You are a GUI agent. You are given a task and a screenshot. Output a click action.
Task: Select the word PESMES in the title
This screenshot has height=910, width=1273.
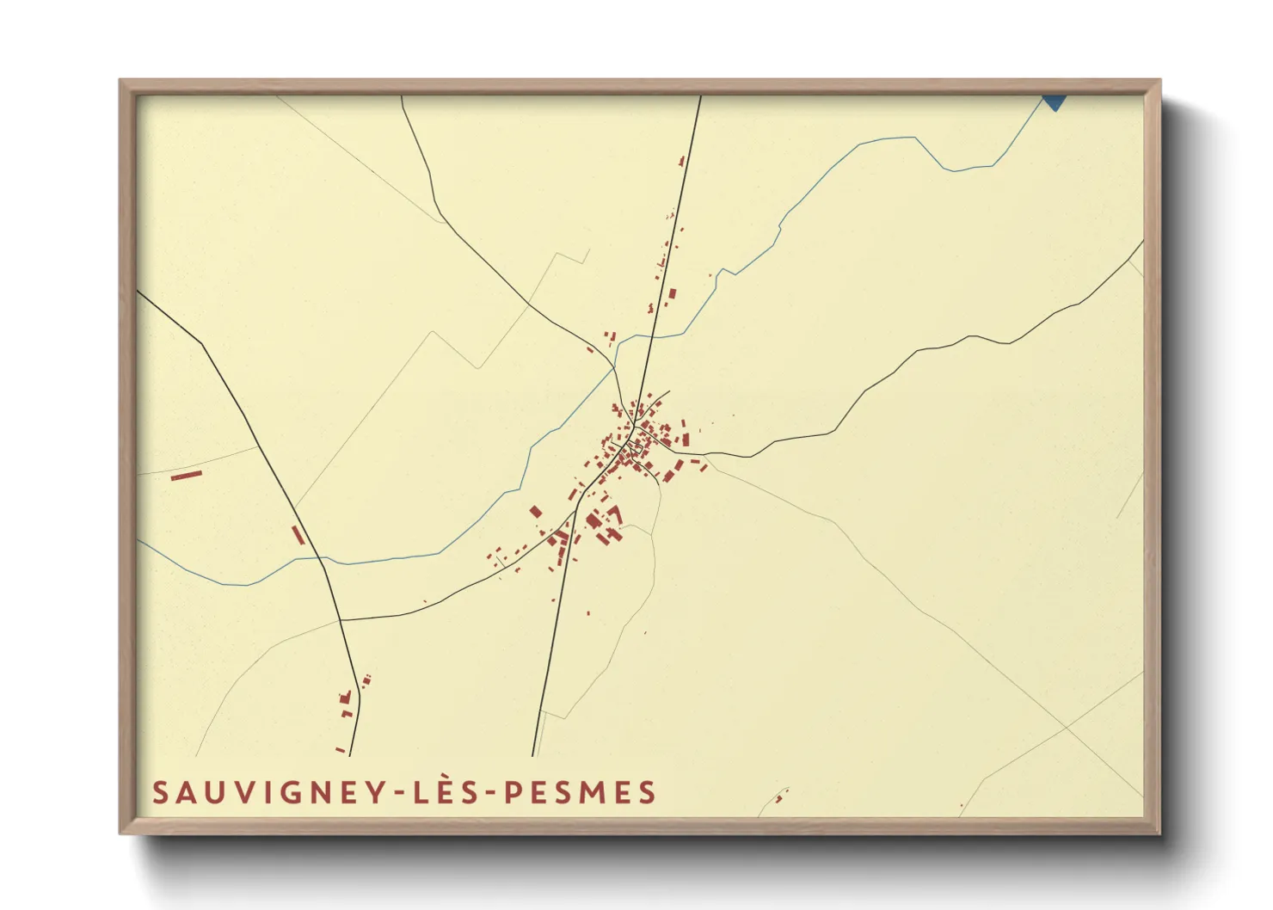580,793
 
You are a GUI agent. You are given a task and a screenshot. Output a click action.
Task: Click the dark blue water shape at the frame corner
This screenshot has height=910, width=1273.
1055,101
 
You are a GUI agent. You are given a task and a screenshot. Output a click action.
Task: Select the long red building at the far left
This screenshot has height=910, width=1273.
186,474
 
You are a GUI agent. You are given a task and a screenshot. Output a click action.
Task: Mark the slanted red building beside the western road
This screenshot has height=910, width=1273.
298,535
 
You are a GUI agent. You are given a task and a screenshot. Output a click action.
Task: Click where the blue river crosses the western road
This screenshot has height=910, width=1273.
322,558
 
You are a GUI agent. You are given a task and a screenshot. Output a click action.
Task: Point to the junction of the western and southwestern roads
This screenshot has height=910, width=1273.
341,619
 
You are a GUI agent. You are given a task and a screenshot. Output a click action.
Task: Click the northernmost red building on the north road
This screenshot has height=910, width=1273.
682,160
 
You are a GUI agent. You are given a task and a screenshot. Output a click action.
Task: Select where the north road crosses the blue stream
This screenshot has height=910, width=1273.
653,337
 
